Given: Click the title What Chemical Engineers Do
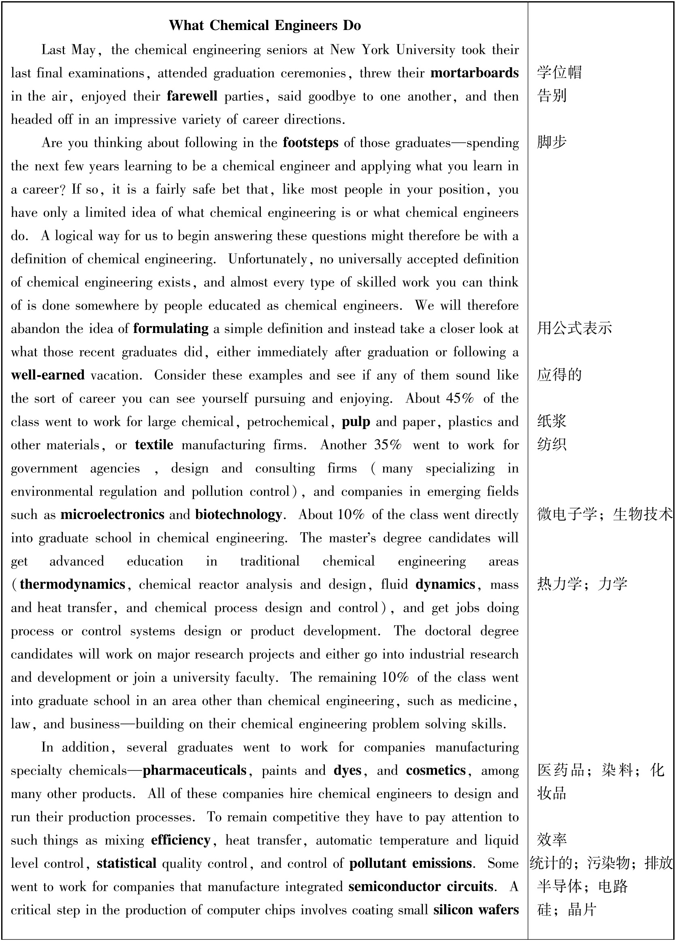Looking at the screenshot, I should tap(265, 26).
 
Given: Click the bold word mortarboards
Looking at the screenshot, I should tap(474, 73).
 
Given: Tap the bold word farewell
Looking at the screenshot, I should tap(192, 96).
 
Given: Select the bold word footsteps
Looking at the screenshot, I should tap(310, 143).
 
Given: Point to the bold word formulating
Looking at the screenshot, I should tap(171, 329).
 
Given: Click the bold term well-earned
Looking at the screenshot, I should tap(48, 375).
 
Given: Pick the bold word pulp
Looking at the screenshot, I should tap(356, 422).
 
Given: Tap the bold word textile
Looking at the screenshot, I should tap(154, 445).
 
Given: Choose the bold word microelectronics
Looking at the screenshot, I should tap(113, 514).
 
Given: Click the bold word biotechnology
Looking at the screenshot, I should tap(239, 514).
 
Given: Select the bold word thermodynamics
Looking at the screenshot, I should tap(73, 584).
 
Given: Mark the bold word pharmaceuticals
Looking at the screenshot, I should tap(195, 770).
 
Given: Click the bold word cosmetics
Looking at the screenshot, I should tap(436, 770).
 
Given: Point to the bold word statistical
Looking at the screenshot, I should tap(126, 863).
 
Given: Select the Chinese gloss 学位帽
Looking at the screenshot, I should tap(559, 73).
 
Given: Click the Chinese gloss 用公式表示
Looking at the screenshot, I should tap(574, 328).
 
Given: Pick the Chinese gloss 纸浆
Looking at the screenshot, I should tap(552, 421).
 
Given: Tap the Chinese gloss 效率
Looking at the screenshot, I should tap(552, 840).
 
